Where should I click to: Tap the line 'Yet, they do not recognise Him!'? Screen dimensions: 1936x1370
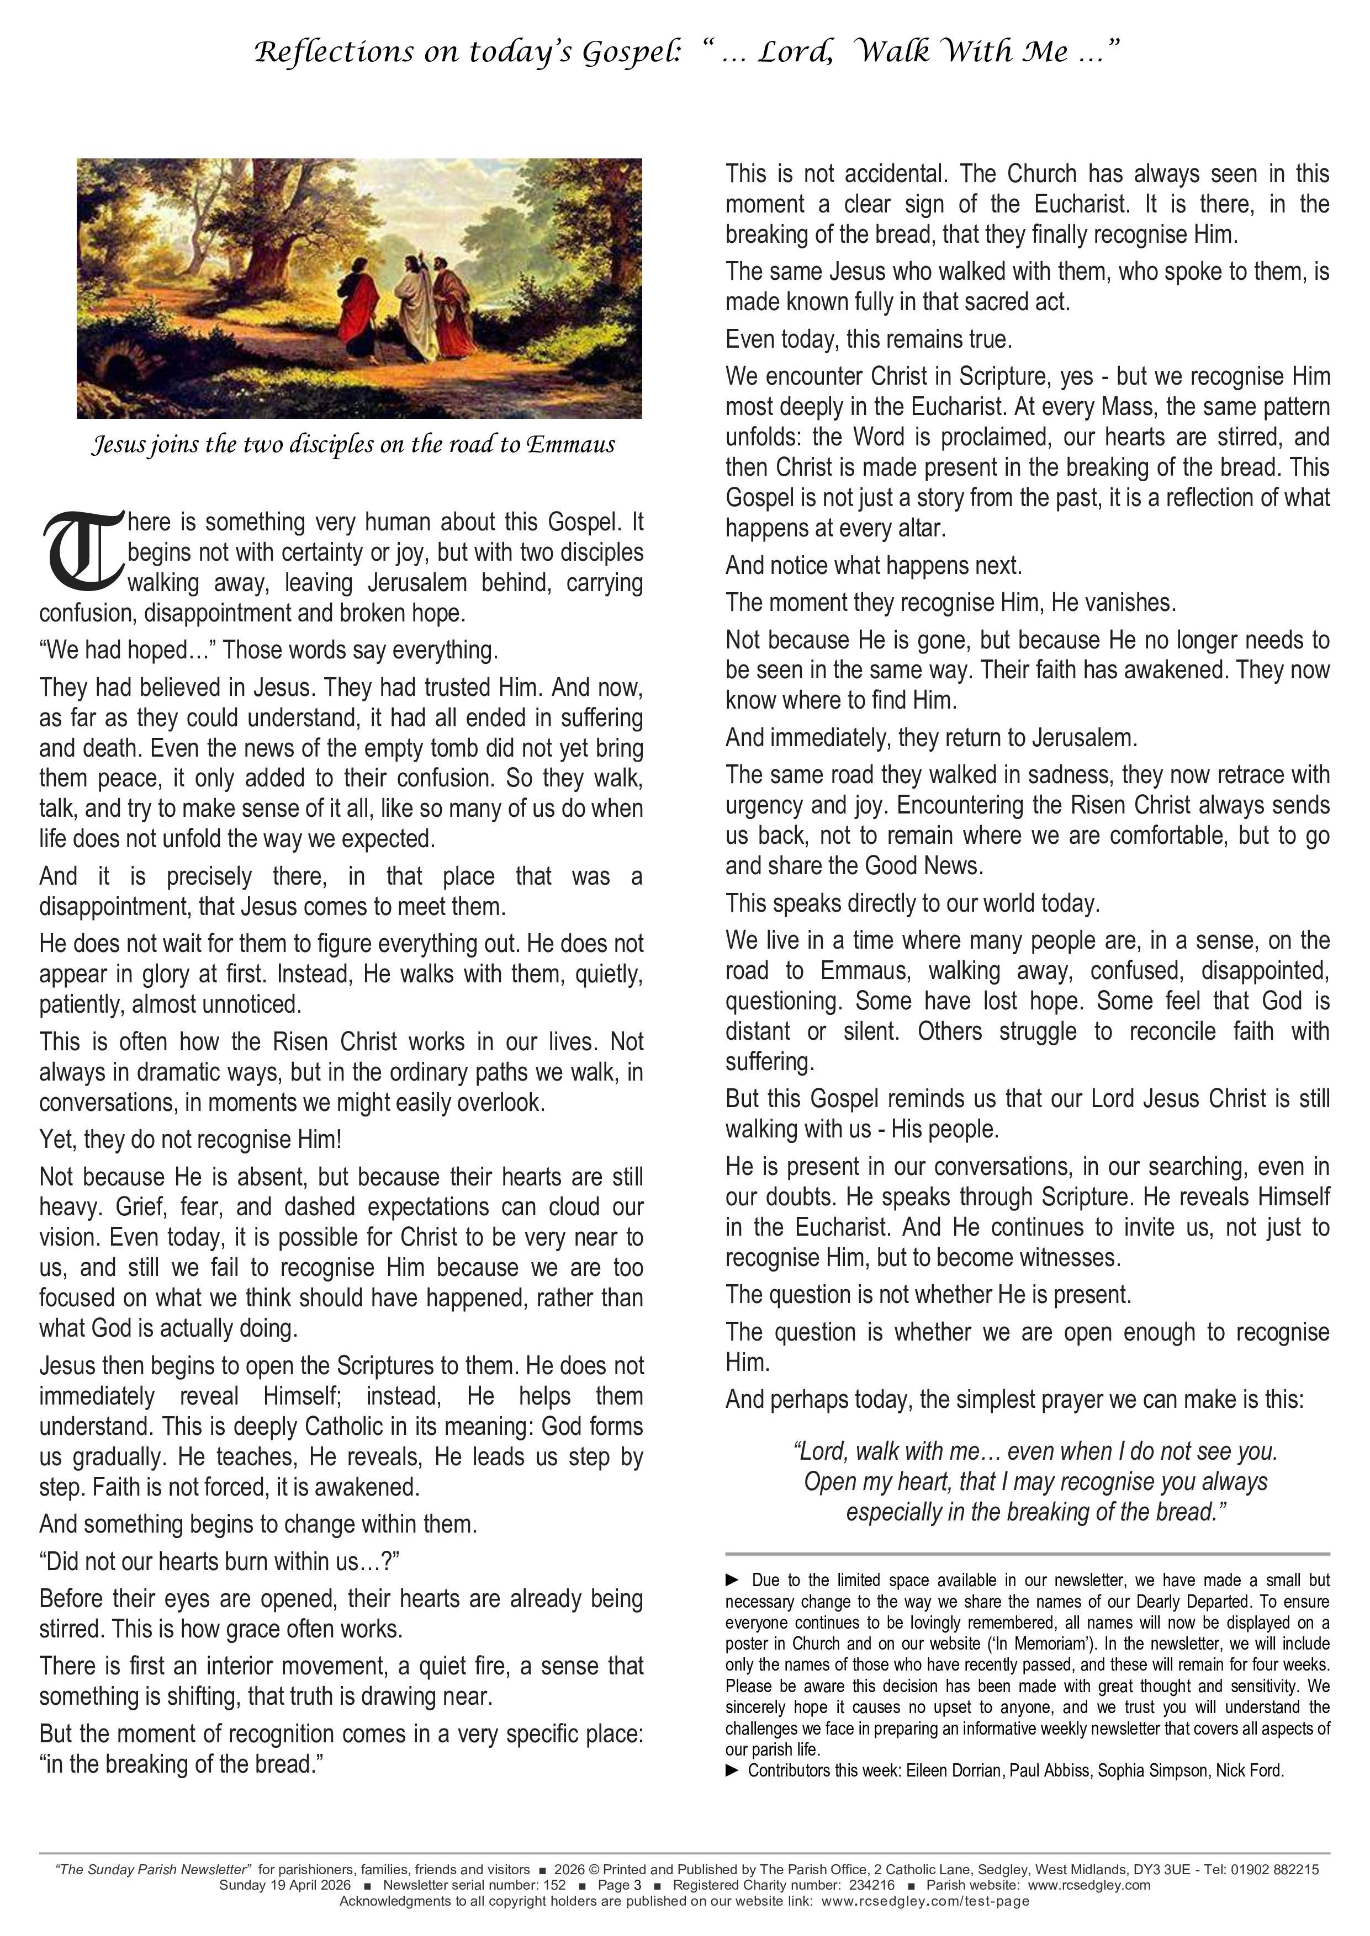191,1139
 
